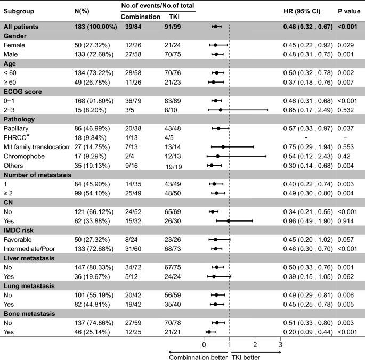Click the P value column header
point(349,11)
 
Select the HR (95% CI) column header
point(302,11)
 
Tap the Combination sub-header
point(140,17)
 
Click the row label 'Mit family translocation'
point(37,147)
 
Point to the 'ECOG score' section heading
point(23,92)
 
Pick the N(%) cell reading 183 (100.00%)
point(96,27)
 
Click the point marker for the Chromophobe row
point(217,156)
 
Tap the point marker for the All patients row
point(216,27)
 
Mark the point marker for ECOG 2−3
point(221,110)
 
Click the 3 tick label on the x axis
point(280,345)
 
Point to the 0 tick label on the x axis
point(204,345)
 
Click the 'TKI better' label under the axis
point(246,357)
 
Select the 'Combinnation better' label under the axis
point(198,357)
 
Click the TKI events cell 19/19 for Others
point(174,167)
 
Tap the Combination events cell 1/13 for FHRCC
point(132,138)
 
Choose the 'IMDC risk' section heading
point(19,231)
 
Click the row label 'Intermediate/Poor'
point(29,249)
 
